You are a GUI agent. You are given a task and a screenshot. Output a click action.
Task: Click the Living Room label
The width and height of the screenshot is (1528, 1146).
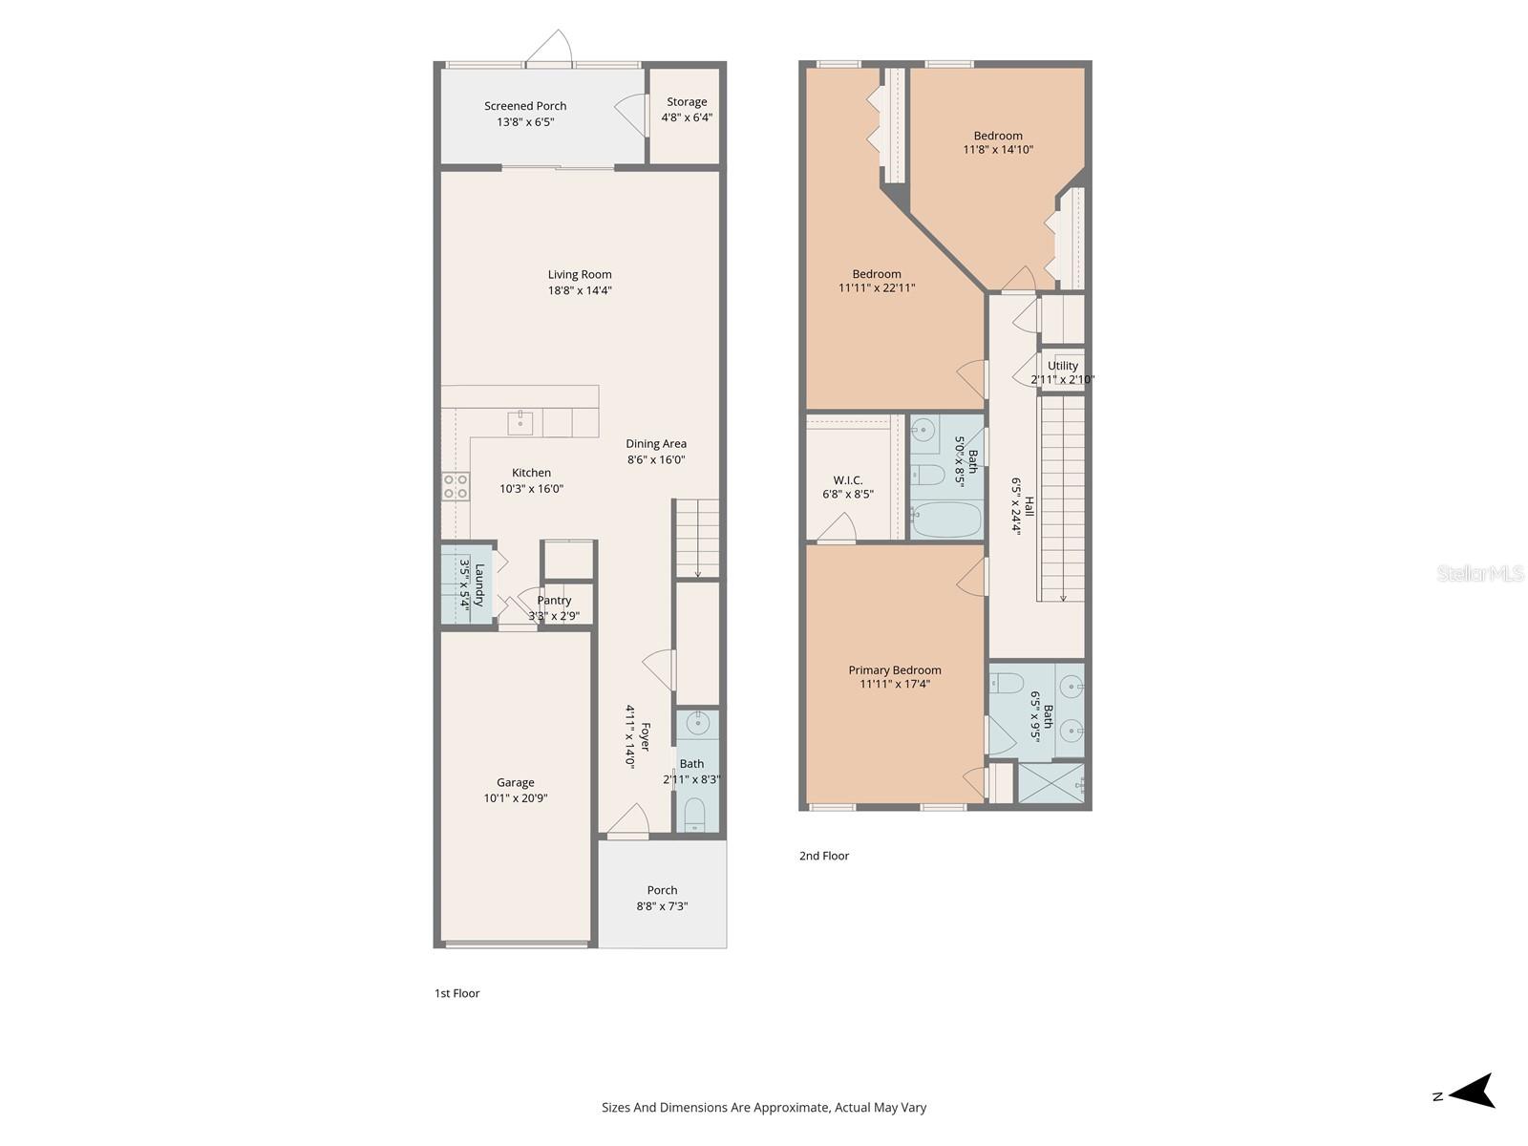click(579, 275)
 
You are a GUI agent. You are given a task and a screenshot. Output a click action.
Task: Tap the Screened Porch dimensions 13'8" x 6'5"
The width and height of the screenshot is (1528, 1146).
click(525, 122)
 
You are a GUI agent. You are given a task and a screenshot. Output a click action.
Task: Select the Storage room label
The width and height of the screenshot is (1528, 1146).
click(687, 102)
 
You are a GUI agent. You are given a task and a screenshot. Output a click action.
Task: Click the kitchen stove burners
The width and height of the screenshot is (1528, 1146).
click(455, 486)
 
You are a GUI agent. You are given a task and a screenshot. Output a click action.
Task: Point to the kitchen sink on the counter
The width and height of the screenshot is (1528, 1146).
click(520, 422)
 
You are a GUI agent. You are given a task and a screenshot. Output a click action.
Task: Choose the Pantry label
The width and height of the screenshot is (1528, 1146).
click(554, 600)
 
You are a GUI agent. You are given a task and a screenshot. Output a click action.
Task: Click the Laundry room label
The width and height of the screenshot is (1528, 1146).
click(479, 584)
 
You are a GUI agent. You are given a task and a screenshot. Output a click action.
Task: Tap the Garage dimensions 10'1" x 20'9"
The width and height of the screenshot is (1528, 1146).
click(516, 798)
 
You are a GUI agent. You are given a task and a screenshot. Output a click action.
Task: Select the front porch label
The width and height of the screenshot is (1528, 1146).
click(662, 890)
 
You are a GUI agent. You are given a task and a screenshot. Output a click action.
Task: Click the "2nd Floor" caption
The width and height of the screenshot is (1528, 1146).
click(824, 856)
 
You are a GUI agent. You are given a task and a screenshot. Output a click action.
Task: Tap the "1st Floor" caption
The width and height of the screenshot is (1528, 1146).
click(457, 993)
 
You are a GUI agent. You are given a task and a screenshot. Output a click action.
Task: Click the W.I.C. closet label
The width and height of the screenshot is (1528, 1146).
click(848, 480)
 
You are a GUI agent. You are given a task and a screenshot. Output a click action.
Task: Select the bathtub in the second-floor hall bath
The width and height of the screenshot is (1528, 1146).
click(946, 520)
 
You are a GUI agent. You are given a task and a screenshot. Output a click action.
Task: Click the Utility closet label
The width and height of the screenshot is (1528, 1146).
click(1063, 366)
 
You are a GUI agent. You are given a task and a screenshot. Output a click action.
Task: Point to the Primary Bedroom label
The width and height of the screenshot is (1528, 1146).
click(895, 670)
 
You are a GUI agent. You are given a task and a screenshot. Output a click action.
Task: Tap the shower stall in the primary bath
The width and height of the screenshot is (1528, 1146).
click(1051, 783)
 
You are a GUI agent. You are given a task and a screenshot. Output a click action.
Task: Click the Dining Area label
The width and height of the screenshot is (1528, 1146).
click(656, 444)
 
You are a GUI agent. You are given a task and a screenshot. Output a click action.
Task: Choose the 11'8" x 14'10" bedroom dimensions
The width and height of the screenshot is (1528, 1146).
click(998, 150)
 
